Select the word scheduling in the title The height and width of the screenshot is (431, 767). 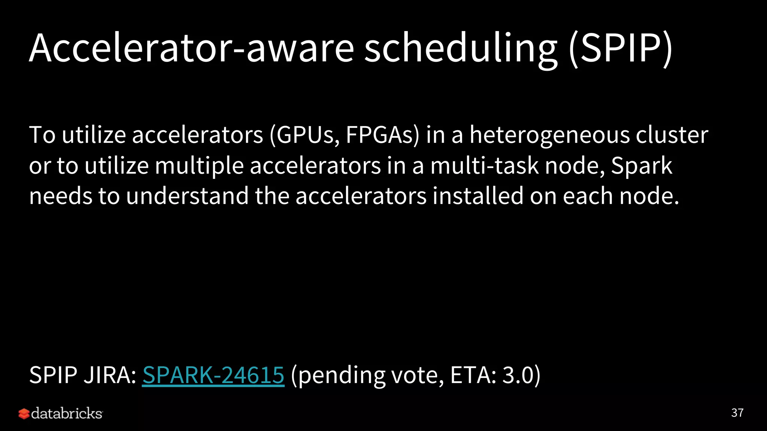click(x=461, y=49)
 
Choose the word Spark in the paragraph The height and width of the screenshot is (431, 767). click(x=642, y=166)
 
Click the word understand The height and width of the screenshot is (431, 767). click(x=187, y=196)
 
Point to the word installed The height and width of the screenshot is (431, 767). click(x=478, y=196)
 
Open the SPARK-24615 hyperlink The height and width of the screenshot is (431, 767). click(x=213, y=375)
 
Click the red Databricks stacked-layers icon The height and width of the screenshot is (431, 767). click(x=24, y=414)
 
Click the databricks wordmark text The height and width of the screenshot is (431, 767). click(x=67, y=414)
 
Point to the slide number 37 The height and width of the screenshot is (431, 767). click(x=737, y=413)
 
